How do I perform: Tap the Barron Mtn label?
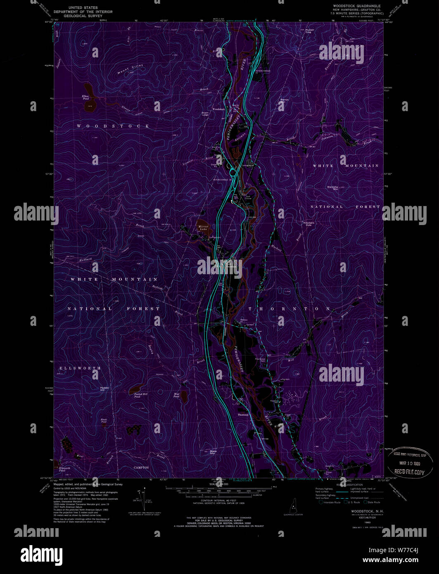click(x=285, y=100)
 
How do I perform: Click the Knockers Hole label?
click(x=309, y=224)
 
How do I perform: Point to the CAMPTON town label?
click(x=141, y=467)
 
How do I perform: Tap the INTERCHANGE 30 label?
click(x=222, y=180)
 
